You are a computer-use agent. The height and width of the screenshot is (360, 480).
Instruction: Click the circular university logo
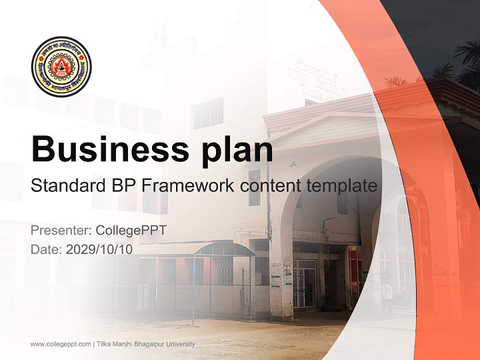click(61, 66)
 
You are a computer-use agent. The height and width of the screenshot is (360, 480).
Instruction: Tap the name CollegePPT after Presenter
click(131, 230)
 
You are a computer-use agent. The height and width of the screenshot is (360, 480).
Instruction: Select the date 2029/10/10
click(99, 249)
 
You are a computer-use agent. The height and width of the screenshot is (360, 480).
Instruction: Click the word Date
click(45, 249)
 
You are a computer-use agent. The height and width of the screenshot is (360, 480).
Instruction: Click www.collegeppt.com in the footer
click(60, 344)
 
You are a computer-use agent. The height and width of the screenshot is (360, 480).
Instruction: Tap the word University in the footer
click(180, 344)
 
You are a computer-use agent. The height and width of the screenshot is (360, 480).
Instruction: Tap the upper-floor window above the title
click(207, 113)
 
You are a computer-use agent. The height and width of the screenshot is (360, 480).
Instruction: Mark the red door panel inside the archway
click(354, 272)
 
